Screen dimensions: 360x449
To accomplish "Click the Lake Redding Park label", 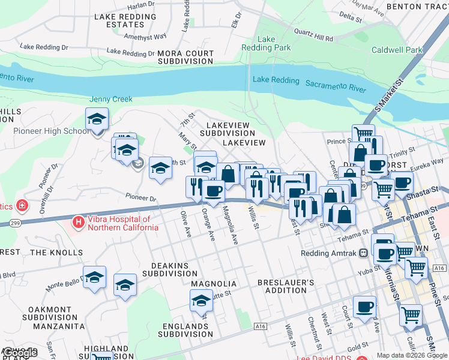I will click(x=266, y=43).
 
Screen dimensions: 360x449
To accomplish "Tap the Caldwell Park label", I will click(x=397, y=50).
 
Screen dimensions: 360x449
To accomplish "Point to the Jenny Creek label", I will click(x=110, y=99).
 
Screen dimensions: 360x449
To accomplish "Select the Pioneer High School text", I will click(x=51, y=131).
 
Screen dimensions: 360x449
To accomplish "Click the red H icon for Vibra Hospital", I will click(x=78, y=223).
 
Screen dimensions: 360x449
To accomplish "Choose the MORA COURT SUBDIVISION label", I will click(x=186, y=57).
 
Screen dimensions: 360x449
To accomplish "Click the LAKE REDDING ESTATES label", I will click(x=125, y=20).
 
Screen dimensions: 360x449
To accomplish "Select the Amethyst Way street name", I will click(x=145, y=36).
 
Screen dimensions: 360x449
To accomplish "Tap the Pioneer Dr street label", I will click(x=141, y=197).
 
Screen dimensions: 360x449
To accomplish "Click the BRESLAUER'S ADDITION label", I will click(x=286, y=286).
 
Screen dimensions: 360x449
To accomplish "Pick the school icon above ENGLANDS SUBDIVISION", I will click(x=201, y=301).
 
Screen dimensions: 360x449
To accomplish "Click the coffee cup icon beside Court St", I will click(x=364, y=307).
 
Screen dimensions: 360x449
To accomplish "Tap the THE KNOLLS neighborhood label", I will click(x=56, y=253).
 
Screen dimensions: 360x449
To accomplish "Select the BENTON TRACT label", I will click(x=418, y=6).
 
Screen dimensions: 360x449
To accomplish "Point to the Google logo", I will click(x=19, y=353).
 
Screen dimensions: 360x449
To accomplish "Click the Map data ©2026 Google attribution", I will click(x=412, y=355).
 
